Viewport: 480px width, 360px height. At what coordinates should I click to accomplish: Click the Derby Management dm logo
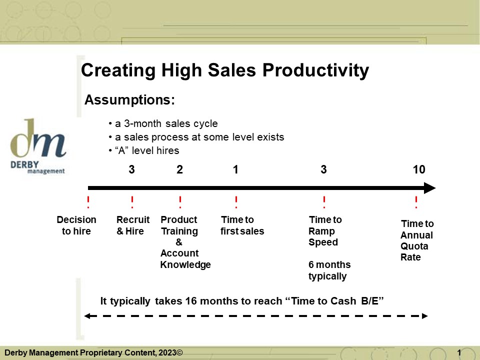click(x=38, y=146)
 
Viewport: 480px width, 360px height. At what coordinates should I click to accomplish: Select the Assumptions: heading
click(x=129, y=100)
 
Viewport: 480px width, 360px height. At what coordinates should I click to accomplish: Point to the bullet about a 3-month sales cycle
click(x=163, y=123)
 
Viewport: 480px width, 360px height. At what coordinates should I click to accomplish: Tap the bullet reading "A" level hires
click(x=144, y=150)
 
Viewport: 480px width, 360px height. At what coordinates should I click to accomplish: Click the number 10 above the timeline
click(x=419, y=169)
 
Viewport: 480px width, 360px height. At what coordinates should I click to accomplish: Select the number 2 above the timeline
click(x=179, y=169)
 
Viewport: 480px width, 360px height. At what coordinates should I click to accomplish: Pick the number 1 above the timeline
click(x=235, y=169)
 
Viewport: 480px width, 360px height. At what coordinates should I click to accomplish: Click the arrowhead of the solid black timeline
click(x=430, y=188)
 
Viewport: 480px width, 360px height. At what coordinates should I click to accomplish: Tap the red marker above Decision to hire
click(x=88, y=202)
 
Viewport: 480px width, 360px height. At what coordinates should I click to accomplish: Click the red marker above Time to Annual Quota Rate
click(x=416, y=202)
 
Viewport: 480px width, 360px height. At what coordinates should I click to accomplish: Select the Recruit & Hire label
click(x=133, y=225)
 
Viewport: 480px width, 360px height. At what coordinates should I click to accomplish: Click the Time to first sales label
click(x=242, y=225)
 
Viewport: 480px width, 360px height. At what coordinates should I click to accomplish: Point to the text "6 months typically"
click(x=329, y=270)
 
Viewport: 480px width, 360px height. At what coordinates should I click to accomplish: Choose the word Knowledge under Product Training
click(x=185, y=264)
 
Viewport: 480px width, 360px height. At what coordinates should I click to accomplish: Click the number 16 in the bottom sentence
click(x=190, y=301)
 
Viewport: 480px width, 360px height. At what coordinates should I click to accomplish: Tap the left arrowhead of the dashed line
click(x=86, y=316)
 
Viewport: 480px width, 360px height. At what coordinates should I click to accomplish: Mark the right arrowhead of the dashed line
click(x=425, y=316)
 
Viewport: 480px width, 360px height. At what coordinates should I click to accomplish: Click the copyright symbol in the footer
click(x=179, y=352)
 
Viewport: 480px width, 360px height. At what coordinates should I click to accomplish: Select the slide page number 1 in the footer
click(x=459, y=353)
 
